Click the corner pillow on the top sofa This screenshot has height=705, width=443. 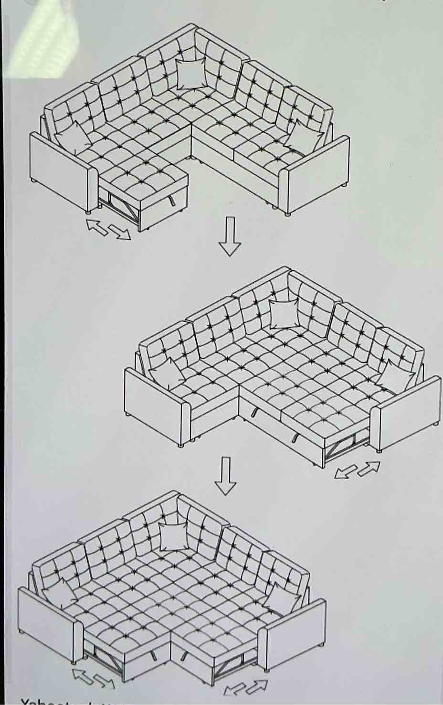(190, 74)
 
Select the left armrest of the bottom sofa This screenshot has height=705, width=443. (48, 625)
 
